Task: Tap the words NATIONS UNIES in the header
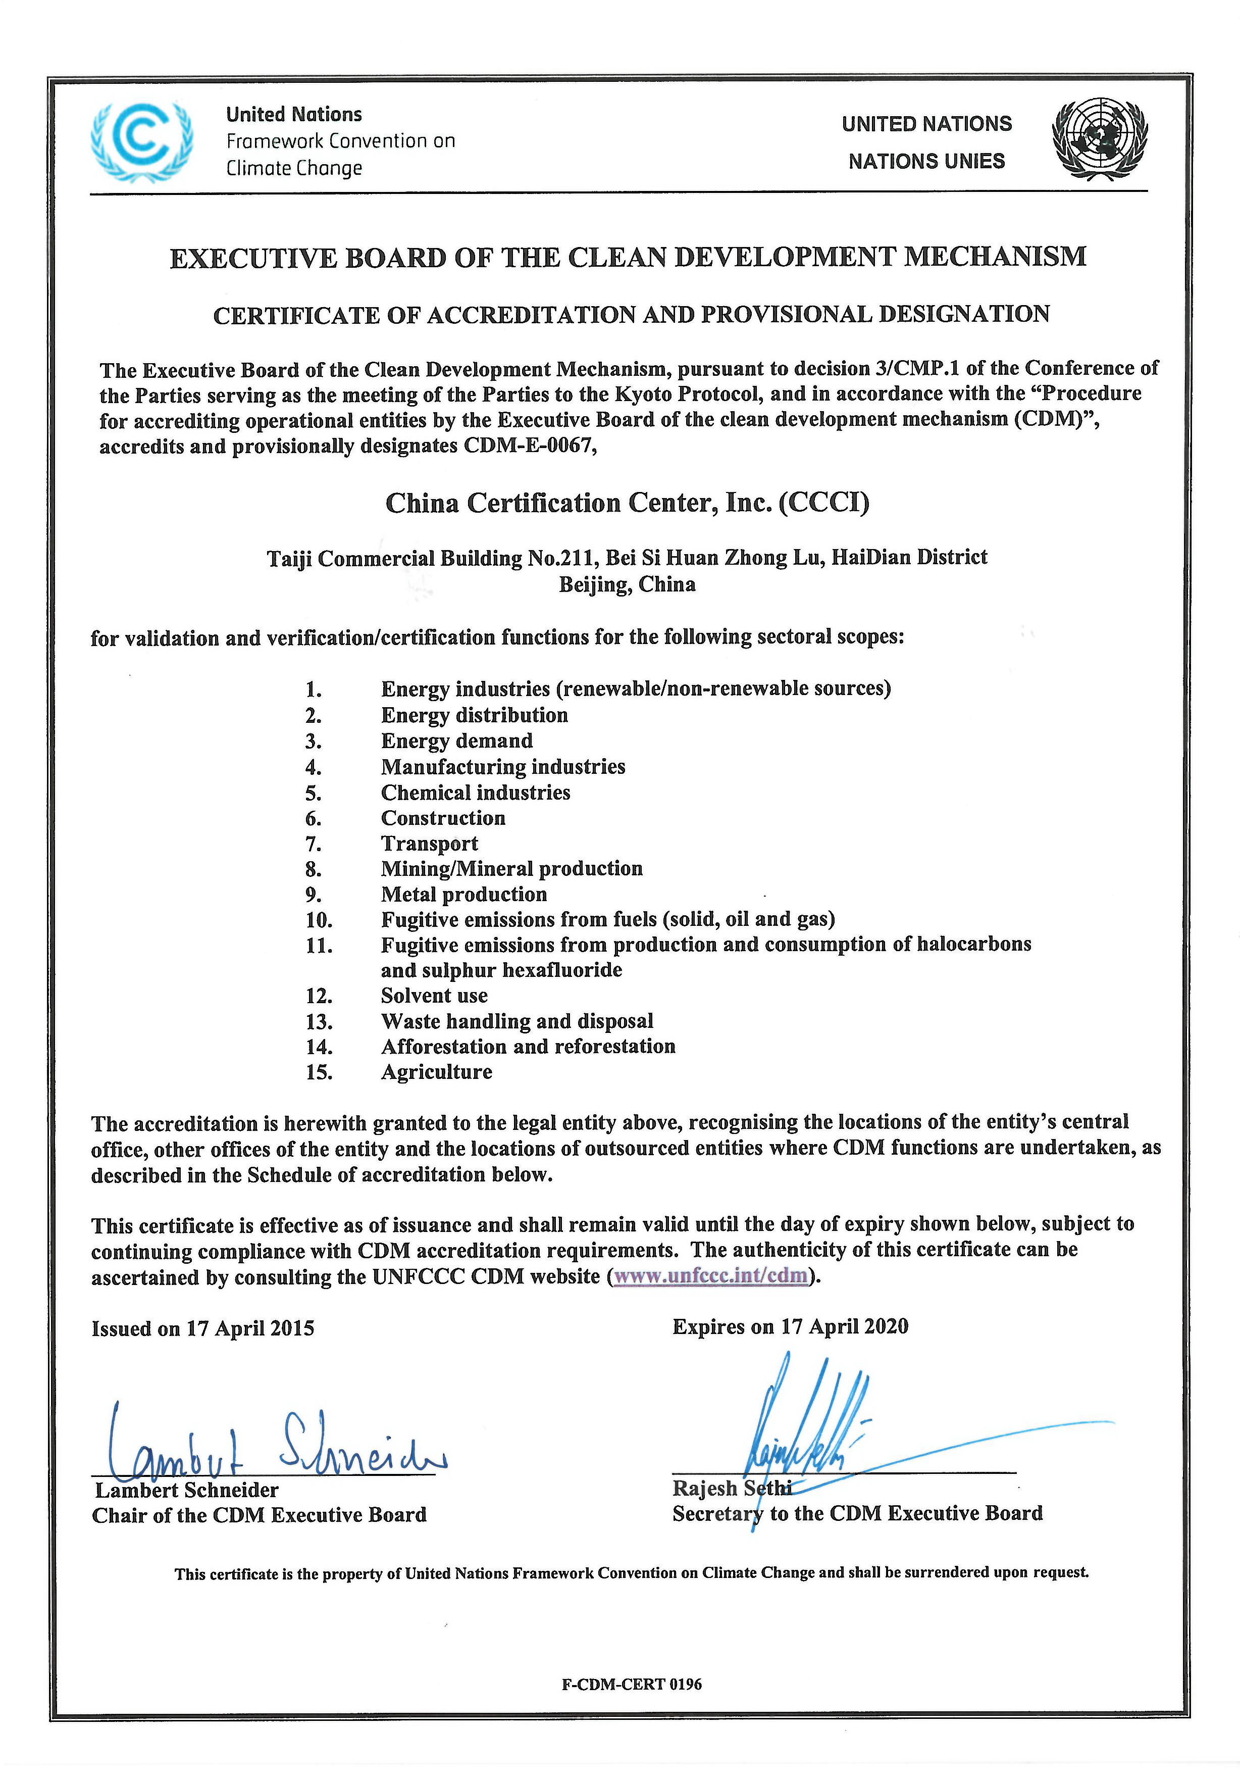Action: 926,161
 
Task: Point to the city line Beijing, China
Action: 627,584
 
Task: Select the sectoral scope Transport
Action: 430,844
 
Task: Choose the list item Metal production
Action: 463,895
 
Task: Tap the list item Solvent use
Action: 434,996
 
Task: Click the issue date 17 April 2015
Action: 249,1329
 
